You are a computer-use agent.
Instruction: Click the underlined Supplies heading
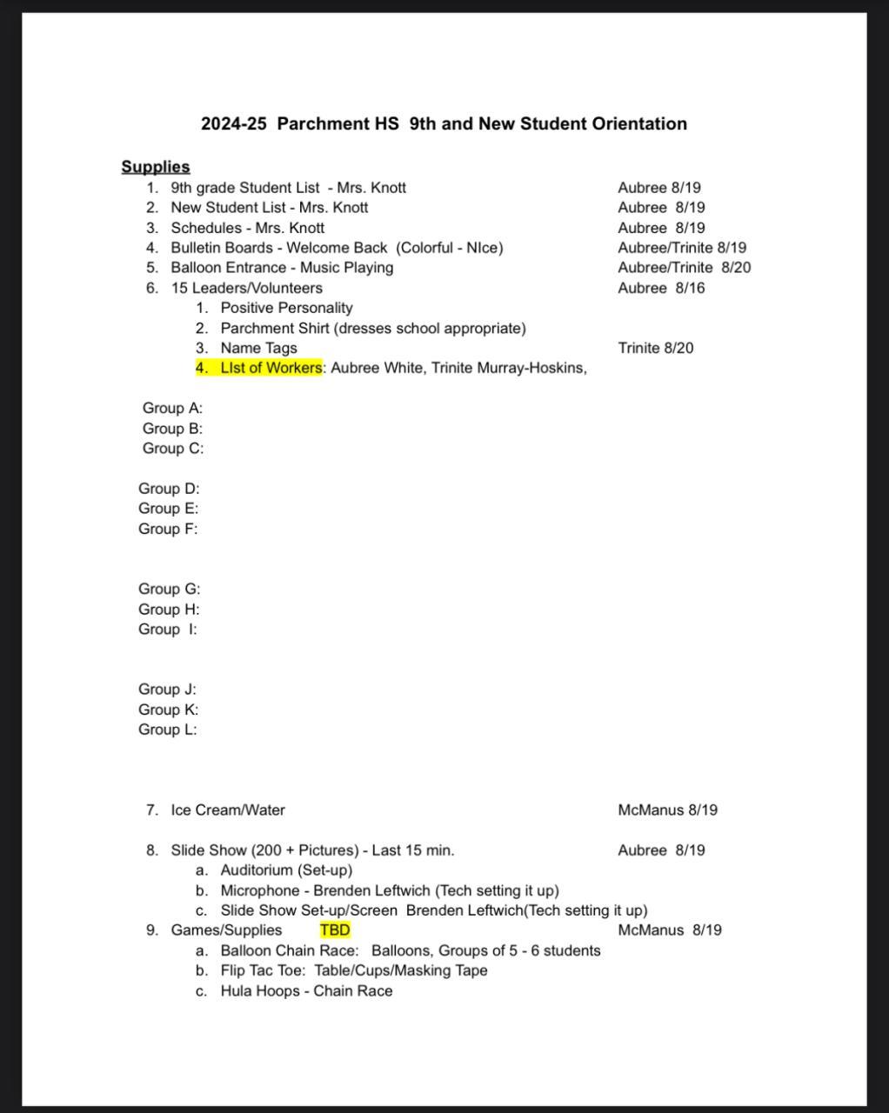point(156,167)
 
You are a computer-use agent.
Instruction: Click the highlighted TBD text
point(335,930)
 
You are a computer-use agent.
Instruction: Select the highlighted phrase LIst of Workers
point(271,368)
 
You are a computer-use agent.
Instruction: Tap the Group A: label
point(172,408)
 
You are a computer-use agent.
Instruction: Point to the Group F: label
point(168,529)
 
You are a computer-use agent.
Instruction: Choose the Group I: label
point(168,630)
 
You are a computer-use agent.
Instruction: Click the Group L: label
point(168,730)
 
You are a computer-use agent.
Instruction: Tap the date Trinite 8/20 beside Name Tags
point(656,348)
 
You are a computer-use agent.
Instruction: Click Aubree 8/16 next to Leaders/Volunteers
point(661,288)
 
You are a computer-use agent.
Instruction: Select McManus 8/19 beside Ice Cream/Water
point(667,810)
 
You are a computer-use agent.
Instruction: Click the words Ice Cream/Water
point(228,810)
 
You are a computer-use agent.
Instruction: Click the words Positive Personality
point(286,308)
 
